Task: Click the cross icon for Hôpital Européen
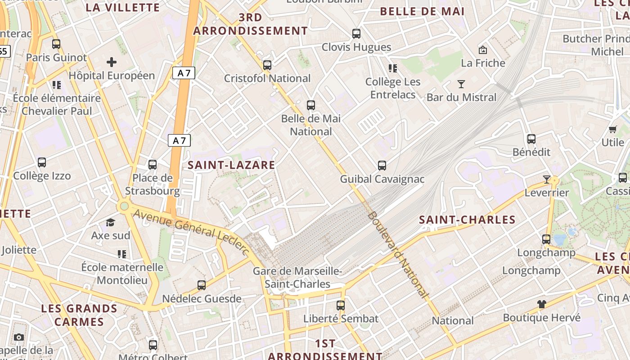tap(112, 62)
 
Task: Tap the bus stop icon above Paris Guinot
tap(56, 44)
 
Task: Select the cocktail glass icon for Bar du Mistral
tap(461, 84)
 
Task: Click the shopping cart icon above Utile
tap(613, 130)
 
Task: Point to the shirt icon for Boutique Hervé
tap(542, 304)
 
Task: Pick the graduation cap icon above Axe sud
tap(110, 222)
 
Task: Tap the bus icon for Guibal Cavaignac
tap(382, 166)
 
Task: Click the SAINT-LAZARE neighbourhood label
tap(231, 165)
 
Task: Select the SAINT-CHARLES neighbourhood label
tap(467, 220)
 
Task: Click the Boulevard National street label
tap(397, 254)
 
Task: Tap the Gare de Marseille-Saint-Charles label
tap(297, 278)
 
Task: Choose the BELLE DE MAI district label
tap(422, 12)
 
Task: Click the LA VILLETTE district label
tap(122, 8)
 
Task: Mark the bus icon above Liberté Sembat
tap(341, 306)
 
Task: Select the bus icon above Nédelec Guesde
tap(202, 285)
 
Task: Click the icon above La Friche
tap(483, 49)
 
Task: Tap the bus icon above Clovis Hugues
tap(356, 34)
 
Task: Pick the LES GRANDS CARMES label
tap(79, 315)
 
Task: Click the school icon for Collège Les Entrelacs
tap(393, 68)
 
